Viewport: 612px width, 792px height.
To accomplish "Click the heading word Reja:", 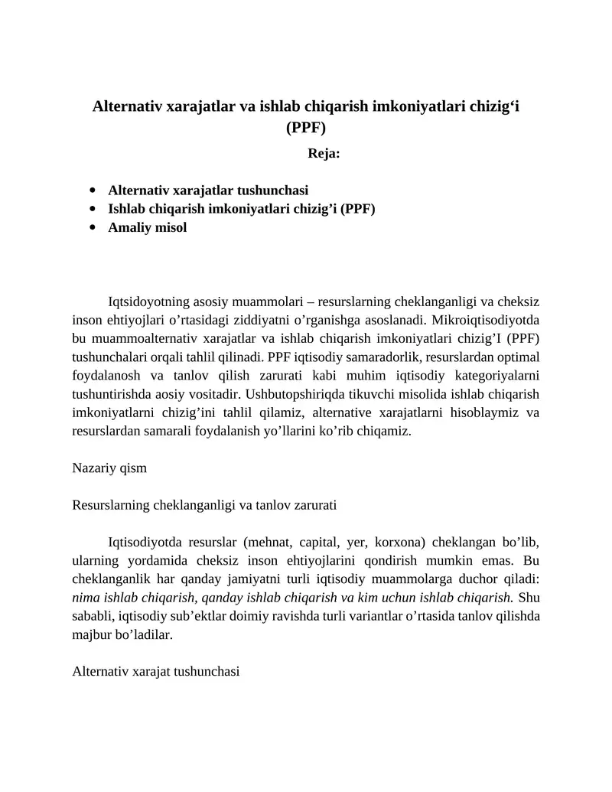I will click(324, 153).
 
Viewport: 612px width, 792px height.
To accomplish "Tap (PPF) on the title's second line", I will click(306, 128).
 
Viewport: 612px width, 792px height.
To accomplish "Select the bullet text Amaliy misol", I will click(148, 227).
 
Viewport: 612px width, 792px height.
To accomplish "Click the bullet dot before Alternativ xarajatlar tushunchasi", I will click(93, 190).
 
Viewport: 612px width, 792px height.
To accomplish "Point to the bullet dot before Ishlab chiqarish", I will click(93, 209).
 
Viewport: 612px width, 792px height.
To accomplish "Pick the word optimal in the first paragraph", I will click(519, 357).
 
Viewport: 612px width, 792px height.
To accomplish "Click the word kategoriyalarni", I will click(498, 375).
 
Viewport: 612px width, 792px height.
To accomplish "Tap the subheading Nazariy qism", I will click(109, 468).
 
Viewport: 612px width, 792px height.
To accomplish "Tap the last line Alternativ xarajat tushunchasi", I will click(155, 671).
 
